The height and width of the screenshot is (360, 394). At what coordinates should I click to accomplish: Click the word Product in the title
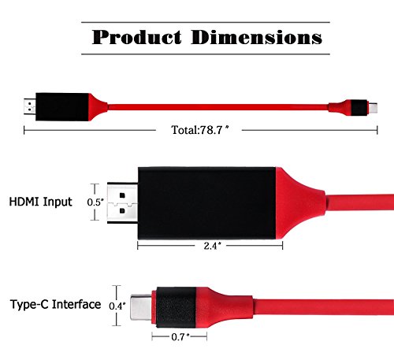[x=136, y=37]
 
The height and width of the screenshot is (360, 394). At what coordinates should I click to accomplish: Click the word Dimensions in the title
[x=256, y=37]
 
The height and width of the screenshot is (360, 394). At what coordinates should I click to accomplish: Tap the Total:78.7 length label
[x=199, y=130]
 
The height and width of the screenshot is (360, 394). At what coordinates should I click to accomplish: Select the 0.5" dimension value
[x=95, y=202]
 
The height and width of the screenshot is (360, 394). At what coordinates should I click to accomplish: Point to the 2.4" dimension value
[x=212, y=246]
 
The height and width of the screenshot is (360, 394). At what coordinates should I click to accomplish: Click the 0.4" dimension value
[x=117, y=306]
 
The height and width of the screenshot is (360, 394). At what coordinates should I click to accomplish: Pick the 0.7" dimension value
[x=180, y=336]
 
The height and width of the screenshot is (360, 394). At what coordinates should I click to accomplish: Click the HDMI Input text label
[x=41, y=202]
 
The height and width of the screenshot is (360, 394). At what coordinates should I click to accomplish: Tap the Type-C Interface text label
[x=55, y=304]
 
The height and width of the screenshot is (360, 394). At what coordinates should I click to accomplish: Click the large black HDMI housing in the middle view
[x=206, y=203]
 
